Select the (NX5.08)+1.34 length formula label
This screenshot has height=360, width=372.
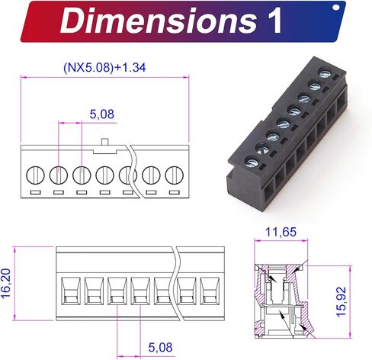click(x=104, y=67)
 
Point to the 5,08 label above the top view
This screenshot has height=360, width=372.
click(x=102, y=114)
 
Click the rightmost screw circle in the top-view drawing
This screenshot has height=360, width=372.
click(x=175, y=175)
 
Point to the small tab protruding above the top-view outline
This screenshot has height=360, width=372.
click(x=105, y=140)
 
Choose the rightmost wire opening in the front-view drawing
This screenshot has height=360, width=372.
click(x=209, y=291)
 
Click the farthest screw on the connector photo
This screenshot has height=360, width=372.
click(x=325, y=74)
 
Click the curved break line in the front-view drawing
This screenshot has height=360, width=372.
click(x=178, y=282)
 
